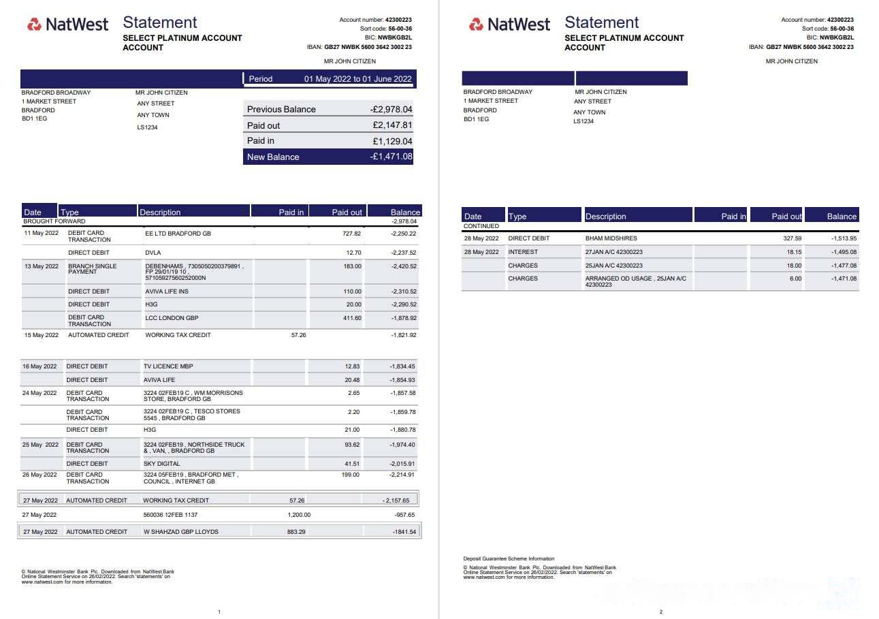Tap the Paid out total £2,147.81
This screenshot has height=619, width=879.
(392, 125)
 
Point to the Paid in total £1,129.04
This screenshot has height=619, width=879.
(392, 141)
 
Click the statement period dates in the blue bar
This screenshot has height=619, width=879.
(357, 79)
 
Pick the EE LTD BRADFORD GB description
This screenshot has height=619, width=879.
(178, 234)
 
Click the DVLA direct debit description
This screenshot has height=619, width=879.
(153, 253)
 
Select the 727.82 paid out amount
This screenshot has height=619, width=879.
(352, 234)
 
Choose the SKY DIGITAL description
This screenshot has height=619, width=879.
(162, 464)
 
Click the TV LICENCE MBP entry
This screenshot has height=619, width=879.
(168, 366)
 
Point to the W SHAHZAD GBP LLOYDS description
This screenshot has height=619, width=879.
(180, 532)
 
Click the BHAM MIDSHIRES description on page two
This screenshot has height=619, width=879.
(611, 239)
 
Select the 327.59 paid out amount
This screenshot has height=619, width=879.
(793, 239)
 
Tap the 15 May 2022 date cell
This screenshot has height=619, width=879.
(41, 335)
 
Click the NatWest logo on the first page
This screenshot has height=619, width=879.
(67, 25)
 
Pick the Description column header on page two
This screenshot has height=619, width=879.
(605, 217)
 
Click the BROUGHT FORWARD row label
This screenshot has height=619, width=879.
(54, 221)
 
